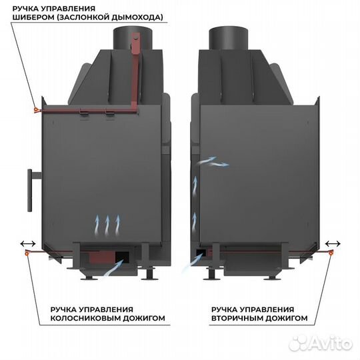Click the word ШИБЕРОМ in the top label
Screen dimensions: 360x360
click(x=33, y=17)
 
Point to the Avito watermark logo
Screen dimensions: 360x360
click(x=321, y=344)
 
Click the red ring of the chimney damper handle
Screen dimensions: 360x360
click(x=36, y=110)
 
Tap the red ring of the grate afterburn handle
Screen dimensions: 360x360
click(x=27, y=253)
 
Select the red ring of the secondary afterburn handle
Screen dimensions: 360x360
click(x=331, y=253)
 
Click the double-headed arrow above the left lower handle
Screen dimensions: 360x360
click(x=28, y=243)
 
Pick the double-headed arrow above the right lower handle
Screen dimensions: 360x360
click(x=333, y=243)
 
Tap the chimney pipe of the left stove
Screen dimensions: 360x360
click(x=133, y=38)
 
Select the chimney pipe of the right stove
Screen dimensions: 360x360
click(x=229, y=38)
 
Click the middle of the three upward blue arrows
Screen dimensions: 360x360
click(x=107, y=225)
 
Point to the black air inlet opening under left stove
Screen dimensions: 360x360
click(x=122, y=256)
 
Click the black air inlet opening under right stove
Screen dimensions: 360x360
click(x=201, y=252)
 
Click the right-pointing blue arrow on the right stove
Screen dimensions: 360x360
click(x=219, y=164)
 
